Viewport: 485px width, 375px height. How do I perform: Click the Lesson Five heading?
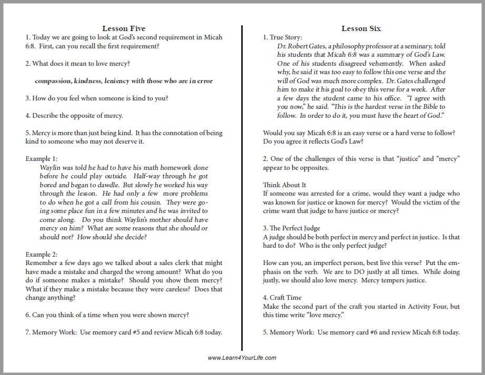(x=123, y=28)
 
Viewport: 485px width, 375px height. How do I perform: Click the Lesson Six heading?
(x=361, y=28)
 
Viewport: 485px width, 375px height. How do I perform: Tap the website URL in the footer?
(x=242, y=358)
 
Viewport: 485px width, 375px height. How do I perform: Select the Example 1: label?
(x=42, y=158)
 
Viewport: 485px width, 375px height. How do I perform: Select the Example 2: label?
(x=42, y=254)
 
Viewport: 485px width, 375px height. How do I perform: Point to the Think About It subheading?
(x=284, y=185)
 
